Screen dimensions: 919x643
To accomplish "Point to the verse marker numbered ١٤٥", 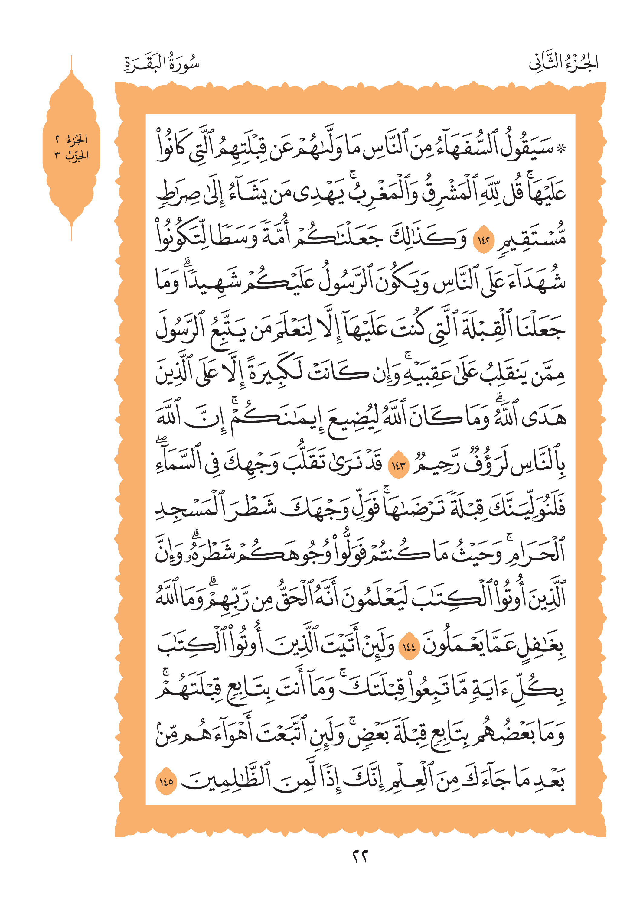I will (x=166, y=781).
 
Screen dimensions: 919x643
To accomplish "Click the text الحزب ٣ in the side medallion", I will (x=72, y=155).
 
